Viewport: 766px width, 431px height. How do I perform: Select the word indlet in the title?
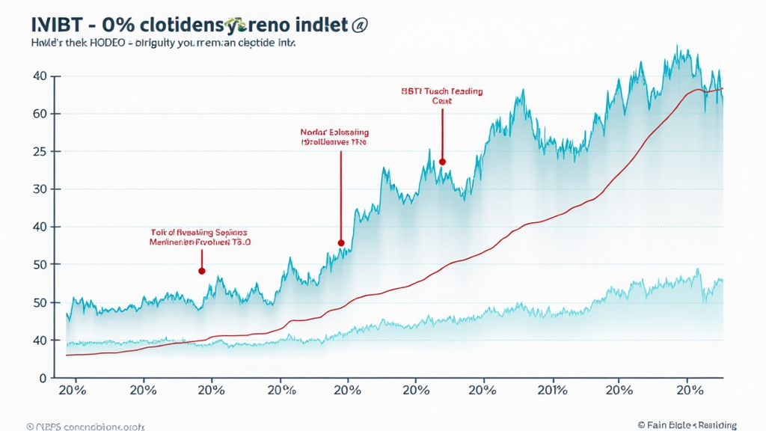coord(316,25)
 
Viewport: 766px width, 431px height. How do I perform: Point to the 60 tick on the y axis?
coord(40,114)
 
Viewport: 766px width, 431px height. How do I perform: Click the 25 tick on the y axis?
coord(40,151)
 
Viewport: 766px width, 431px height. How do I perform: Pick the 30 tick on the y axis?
coord(40,189)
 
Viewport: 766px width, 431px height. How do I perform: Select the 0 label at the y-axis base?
coord(43,378)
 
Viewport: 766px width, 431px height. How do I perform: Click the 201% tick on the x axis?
coord(552,391)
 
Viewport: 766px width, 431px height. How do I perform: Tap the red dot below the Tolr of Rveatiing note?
coord(201,271)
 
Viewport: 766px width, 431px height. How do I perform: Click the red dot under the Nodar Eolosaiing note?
coord(340,243)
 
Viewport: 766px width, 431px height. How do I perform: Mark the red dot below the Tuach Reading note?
coord(442,161)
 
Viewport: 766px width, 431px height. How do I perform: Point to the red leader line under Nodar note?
coord(340,195)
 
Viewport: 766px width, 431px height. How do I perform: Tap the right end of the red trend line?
coord(722,89)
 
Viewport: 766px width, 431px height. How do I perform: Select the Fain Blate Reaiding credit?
coord(686,424)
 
